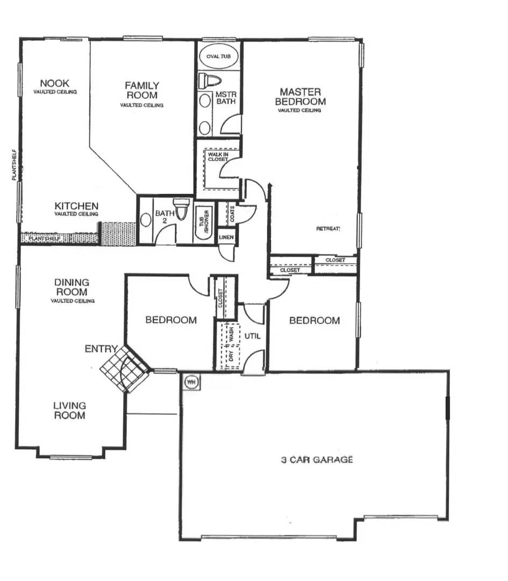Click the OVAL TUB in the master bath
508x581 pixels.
tap(218, 56)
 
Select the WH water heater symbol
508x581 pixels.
tap(191, 382)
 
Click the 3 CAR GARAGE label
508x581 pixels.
tap(317, 459)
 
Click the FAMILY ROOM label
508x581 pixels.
tap(142, 90)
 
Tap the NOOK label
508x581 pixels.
tap(55, 83)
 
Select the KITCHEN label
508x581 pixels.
tap(76, 206)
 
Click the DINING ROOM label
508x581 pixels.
tap(72, 287)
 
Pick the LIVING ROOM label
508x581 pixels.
tap(69, 410)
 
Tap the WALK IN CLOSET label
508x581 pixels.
tap(218, 157)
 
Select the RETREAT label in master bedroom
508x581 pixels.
tap(328, 229)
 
